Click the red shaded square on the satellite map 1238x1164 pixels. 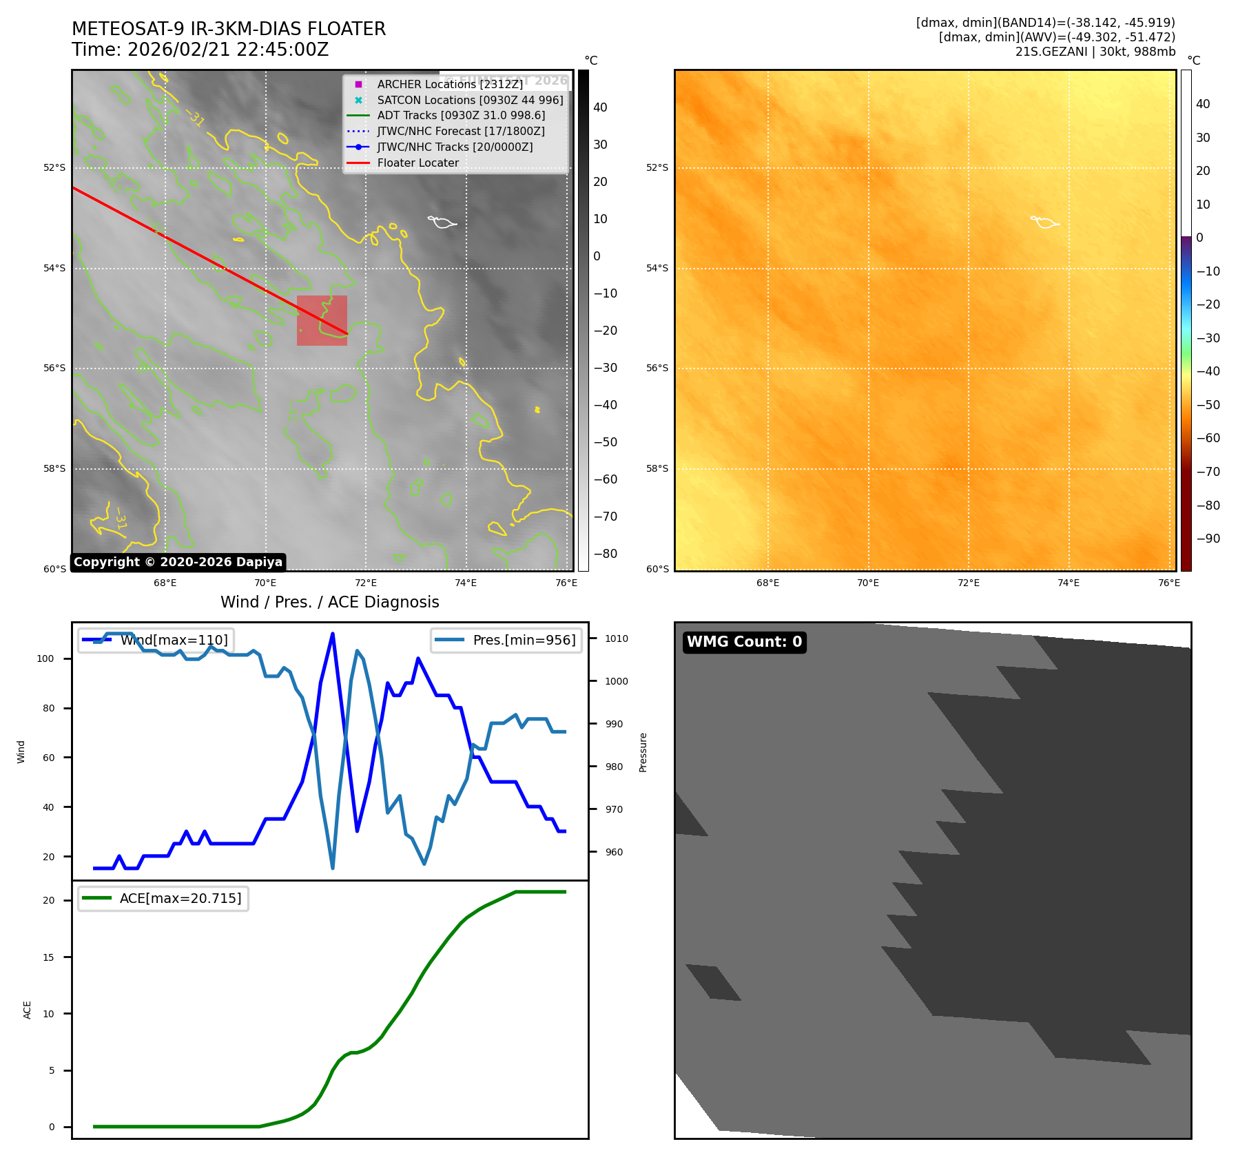pos(322,320)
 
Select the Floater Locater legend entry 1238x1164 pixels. pos(417,163)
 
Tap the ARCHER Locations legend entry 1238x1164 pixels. pos(449,84)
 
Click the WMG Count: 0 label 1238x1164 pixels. pos(744,642)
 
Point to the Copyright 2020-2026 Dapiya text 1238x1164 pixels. pos(178,562)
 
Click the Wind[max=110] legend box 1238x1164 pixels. pos(156,640)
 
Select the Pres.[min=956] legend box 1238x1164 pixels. pos(506,640)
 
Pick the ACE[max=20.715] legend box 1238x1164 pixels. pos(163,898)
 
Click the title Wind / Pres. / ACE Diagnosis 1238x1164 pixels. pos(329,602)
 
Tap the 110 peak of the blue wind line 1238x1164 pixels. pos(333,634)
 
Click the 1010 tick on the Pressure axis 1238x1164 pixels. pos(616,638)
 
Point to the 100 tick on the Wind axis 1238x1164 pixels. pos(45,658)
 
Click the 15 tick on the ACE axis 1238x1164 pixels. pos(48,957)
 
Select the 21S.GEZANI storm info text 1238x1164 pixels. pos(1095,52)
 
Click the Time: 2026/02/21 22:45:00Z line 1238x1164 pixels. pos(200,50)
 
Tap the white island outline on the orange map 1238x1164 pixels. pos(1044,222)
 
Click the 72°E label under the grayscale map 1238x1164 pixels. pos(366,583)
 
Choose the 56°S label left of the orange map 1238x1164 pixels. pos(657,368)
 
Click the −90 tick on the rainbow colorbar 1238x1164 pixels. pos(1208,539)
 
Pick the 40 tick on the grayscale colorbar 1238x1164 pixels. pos(600,107)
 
